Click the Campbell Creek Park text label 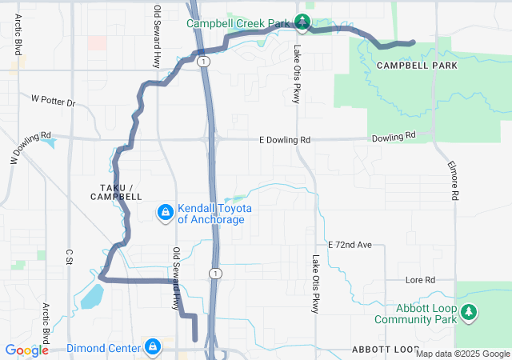[x=238, y=23]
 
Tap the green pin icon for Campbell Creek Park [x=302, y=22]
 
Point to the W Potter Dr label [x=53, y=102]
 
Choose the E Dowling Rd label [x=284, y=140]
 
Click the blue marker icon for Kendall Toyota [x=165, y=212]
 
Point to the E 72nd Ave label [x=350, y=243]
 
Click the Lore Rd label [x=419, y=280]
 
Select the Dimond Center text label [x=102, y=348]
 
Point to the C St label [x=70, y=256]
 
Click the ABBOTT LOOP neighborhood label [x=385, y=350]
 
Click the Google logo [x=26, y=350]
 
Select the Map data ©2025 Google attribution [x=462, y=354]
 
